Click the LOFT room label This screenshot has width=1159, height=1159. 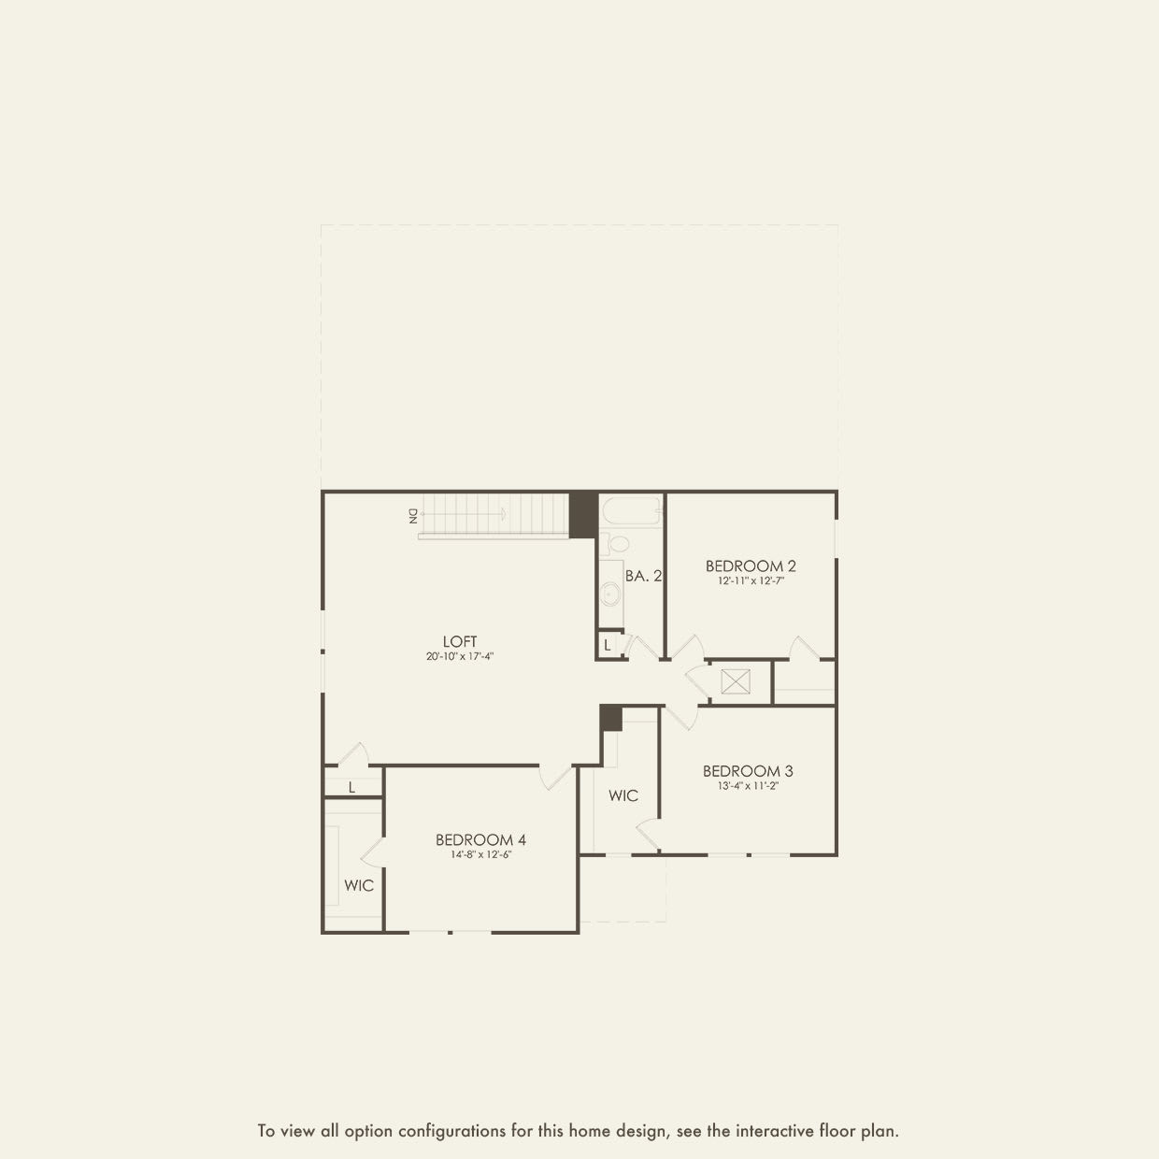coord(460,641)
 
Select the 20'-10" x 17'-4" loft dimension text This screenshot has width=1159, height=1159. coord(460,657)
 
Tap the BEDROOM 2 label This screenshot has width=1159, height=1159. coord(751,565)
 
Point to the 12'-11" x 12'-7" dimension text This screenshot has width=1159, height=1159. coord(751,581)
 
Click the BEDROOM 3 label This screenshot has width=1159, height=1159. coord(748,771)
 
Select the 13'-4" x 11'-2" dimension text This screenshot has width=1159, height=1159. coord(748,787)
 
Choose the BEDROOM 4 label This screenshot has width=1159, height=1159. coord(480,839)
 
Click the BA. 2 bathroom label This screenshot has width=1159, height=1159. coord(643,576)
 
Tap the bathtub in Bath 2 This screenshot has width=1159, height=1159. coord(631,512)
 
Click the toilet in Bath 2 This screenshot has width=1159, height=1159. coord(616,543)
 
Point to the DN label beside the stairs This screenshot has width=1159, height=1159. coord(412,515)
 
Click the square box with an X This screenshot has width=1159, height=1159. coord(736,681)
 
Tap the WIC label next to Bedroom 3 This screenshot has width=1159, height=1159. coord(623,795)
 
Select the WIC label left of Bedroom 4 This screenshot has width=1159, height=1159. coord(359,885)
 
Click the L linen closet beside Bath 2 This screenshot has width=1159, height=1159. coord(608,645)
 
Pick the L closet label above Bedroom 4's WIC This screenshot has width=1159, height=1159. coord(351,787)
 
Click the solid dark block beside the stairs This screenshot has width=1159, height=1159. coord(583,514)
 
